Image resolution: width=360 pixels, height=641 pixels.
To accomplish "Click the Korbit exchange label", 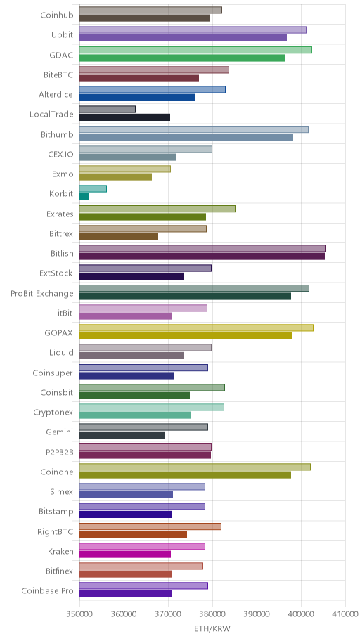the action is click(x=61, y=194).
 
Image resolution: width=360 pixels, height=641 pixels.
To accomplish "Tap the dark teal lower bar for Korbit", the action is click(x=84, y=197).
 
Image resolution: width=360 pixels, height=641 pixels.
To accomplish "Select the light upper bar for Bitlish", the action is click(x=202, y=248).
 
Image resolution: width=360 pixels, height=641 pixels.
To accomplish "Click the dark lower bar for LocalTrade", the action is click(x=124, y=117).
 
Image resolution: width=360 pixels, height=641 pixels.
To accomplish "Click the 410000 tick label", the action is click(x=345, y=614).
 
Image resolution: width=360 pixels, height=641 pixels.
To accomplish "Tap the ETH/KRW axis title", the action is click(x=212, y=628).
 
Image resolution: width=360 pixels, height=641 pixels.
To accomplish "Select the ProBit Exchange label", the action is click(x=42, y=294).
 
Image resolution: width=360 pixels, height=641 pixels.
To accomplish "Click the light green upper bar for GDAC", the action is click(x=195, y=50).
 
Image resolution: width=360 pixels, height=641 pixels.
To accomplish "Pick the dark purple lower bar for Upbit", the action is click(x=183, y=38).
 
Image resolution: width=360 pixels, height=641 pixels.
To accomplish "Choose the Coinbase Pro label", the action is click(x=47, y=591).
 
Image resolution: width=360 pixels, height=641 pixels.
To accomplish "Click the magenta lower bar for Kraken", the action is click(x=124, y=554).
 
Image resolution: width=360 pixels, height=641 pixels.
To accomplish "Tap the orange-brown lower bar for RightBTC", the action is click(x=133, y=534).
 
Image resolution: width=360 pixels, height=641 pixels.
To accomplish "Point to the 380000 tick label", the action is click(x=212, y=614).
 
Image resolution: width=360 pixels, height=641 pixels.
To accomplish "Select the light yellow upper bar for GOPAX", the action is click(x=196, y=328).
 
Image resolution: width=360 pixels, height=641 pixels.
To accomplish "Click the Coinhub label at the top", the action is click(x=57, y=15).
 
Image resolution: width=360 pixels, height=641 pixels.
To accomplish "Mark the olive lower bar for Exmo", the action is click(x=115, y=176).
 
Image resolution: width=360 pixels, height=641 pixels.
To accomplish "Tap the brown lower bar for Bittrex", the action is click(x=119, y=236).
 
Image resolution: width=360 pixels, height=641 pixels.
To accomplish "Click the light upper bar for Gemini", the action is click(x=143, y=427).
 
